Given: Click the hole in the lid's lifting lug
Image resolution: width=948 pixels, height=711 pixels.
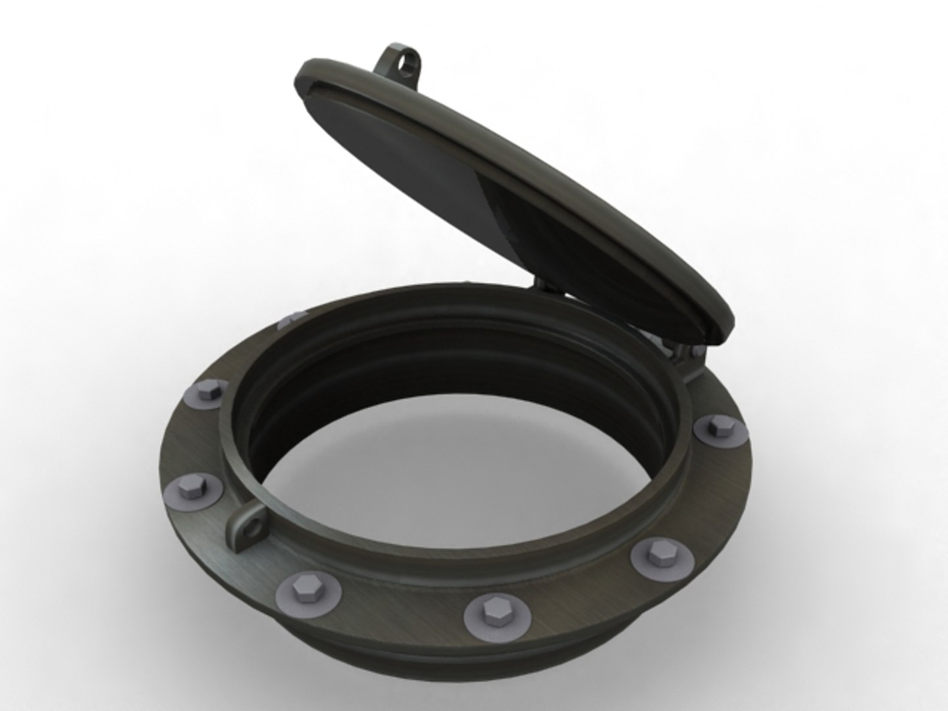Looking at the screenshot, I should [x=412, y=63].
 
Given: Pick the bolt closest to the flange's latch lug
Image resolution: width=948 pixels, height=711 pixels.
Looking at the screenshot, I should [x=192, y=491].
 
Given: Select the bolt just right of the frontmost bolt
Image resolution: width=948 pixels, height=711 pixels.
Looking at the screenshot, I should [x=662, y=557].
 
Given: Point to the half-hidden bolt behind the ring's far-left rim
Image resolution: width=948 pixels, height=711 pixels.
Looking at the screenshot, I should [x=290, y=320].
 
